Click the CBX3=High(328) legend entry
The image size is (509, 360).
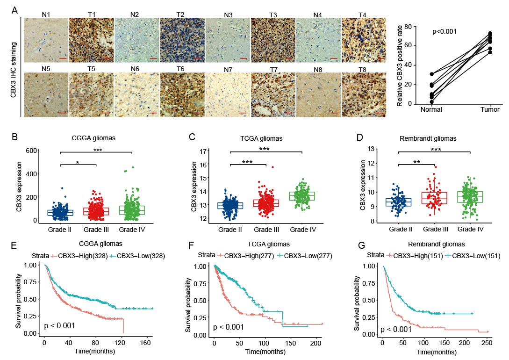click(x=77, y=256)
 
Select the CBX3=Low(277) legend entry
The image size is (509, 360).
click(x=298, y=256)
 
